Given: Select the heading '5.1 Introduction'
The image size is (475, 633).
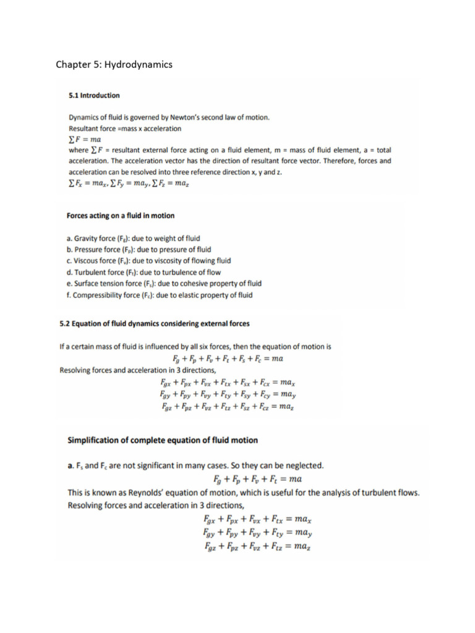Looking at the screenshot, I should point(94,96).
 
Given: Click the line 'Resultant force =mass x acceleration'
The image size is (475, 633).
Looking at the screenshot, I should point(125,129).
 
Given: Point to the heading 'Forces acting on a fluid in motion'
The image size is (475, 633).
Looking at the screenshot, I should point(121,216).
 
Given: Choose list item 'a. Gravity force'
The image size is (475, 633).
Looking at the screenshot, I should point(133,238).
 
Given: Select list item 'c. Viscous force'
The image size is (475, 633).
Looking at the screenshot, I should point(148,261).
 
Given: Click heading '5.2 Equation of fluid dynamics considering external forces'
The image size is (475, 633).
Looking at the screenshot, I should point(155,323).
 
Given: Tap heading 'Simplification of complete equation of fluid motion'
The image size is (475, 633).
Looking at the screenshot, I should point(163,440).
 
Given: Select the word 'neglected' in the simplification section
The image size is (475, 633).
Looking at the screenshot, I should point(303,464).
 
